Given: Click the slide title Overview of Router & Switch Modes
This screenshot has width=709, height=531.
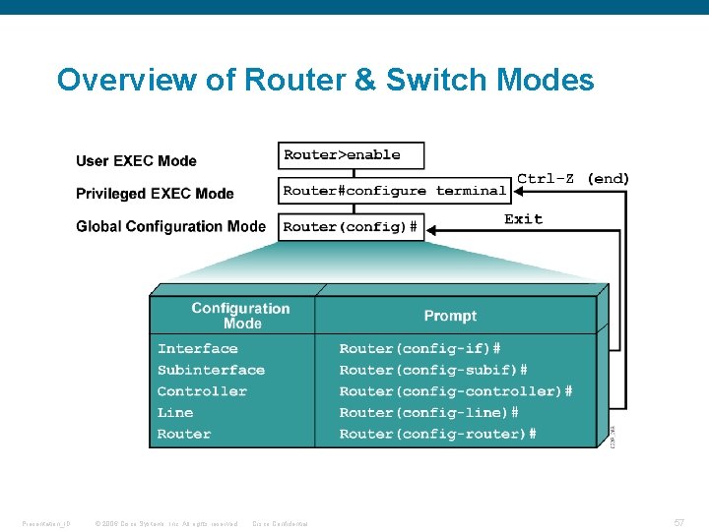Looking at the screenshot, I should [325, 80].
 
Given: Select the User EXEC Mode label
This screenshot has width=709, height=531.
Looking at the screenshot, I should [136, 161].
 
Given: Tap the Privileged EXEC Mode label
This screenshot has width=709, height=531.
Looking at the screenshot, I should [155, 194].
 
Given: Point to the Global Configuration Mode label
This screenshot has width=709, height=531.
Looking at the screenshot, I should [170, 226].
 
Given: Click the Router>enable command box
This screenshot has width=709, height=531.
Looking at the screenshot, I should [352, 155].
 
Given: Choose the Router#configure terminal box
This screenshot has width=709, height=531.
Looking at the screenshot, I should [394, 191].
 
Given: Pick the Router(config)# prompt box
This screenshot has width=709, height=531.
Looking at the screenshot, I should [352, 227].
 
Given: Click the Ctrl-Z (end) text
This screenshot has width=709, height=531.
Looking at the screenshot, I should [573, 179].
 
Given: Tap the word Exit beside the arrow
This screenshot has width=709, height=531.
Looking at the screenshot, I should [523, 218].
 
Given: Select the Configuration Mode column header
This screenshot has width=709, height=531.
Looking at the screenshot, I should [240, 316].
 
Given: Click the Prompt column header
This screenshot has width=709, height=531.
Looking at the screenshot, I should [450, 316].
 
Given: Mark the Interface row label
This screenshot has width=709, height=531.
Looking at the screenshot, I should [197, 349].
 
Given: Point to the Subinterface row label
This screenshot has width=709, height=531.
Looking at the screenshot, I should [211, 371].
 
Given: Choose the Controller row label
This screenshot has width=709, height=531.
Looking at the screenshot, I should [202, 391].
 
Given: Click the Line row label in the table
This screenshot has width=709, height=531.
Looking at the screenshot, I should [175, 413].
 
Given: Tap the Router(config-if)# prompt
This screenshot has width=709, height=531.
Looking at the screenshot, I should [419, 349].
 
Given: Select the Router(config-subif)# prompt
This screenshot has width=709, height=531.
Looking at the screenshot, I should [432, 371].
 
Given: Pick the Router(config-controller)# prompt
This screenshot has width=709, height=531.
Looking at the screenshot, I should [455, 391].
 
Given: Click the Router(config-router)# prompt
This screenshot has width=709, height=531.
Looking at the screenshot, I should [437, 434].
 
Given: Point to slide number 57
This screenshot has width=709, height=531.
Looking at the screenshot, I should [679, 523].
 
